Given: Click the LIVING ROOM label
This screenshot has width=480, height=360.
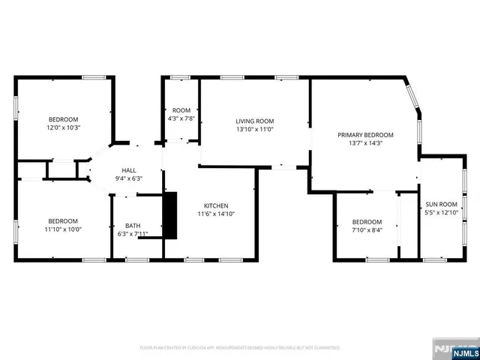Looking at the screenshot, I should pyautogui.click(x=255, y=121).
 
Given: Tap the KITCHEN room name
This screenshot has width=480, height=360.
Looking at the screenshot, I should pyautogui.click(x=217, y=205).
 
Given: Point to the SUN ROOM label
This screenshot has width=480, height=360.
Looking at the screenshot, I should pyautogui.click(x=442, y=204).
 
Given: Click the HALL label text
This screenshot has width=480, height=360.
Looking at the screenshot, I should pyautogui.click(x=129, y=170).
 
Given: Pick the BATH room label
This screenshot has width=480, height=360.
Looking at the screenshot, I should pyautogui.click(x=132, y=225).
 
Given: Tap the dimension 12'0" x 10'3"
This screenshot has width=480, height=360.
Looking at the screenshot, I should pyautogui.click(x=63, y=128).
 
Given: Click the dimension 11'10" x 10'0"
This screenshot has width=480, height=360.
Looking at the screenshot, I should pyautogui.click(x=63, y=229).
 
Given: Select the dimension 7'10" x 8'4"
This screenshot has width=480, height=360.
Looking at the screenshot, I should pyautogui.click(x=367, y=230).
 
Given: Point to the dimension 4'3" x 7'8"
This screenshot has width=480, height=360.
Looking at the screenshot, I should pyautogui.click(x=181, y=118).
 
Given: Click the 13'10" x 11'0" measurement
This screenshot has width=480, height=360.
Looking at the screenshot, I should pyautogui.click(x=255, y=129).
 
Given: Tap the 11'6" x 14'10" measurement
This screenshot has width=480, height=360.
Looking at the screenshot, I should pyautogui.click(x=217, y=214).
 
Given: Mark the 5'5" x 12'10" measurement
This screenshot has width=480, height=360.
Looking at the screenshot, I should pyautogui.click(x=442, y=212).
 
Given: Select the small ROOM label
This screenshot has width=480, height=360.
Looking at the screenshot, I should pyautogui.click(x=181, y=110).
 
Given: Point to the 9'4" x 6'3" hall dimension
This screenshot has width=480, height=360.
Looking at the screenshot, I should pyautogui.click(x=129, y=178).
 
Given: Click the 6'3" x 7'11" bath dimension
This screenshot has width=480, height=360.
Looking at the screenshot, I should pyautogui.click(x=132, y=234).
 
